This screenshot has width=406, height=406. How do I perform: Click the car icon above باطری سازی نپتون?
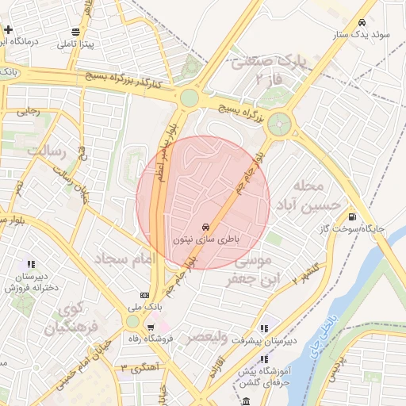tap(206, 225)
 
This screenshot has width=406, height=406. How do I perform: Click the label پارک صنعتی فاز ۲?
tap(269, 70)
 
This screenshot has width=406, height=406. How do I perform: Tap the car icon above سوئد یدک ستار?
tap(362, 23)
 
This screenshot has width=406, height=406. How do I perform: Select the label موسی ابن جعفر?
tap(249, 270)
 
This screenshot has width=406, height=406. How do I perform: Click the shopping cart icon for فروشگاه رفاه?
tap(150, 327)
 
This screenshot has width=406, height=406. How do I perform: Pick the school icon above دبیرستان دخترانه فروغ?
tap(32, 264)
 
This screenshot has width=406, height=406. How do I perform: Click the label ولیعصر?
tap(205, 338)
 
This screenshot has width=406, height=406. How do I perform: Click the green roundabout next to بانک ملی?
tap(132, 321)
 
